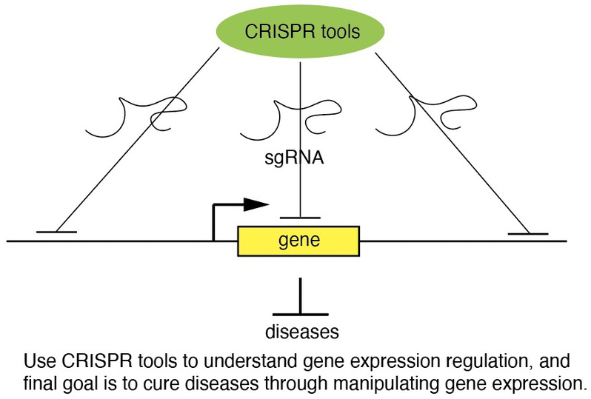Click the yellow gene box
[x=298, y=241]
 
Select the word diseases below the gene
[x=299, y=330]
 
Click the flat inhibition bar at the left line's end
[x=56, y=232]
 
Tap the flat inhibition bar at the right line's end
[x=528, y=233]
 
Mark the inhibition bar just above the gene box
[x=299, y=218]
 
